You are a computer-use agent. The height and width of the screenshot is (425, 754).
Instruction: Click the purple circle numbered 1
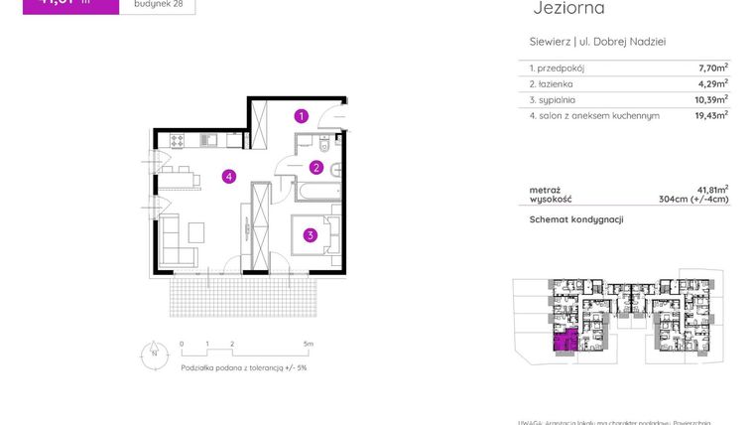click(302, 116)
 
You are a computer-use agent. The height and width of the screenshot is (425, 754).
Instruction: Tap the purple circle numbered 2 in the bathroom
click(316, 167)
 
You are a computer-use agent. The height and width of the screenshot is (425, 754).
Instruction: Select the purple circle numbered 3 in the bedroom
click(311, 235)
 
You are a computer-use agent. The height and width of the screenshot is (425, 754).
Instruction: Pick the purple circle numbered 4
click(228, 177)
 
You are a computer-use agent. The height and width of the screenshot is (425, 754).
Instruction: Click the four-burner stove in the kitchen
click(177, 141)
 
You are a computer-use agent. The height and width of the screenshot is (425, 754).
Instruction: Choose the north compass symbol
click(153, 351)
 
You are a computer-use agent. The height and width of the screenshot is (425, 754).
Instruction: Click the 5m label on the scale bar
click(309, 344)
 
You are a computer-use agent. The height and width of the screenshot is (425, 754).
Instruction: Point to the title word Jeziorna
click(568, 9)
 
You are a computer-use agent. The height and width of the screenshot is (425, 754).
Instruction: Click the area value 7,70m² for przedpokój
click(712, 69)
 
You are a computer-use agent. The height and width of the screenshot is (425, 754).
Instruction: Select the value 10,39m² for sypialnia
click(710, 99)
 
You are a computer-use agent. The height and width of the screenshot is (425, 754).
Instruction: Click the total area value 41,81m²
click(712, 189)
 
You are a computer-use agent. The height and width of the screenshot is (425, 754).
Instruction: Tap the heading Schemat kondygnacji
click(576, 219)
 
